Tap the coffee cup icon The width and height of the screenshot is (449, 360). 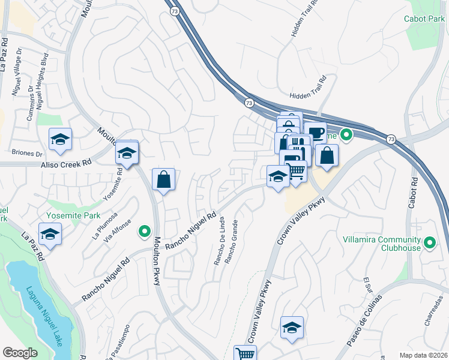click(x=315, y=133)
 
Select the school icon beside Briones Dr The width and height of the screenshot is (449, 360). click(x=60, y=140)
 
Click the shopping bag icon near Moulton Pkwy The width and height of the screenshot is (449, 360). click(x=163, y=179)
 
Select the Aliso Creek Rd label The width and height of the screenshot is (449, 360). click(x=65, y=163)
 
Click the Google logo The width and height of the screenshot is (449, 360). click(x=20, y=353)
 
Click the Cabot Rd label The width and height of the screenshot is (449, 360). click(x=412, y=193)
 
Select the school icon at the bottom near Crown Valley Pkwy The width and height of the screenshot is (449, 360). click(x=292, y=328)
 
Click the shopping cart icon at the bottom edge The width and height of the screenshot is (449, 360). click(x=245, y=354)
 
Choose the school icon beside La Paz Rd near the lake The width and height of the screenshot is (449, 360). click(x=50, y=235)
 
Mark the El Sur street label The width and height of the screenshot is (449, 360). click(x=368, y=287)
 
